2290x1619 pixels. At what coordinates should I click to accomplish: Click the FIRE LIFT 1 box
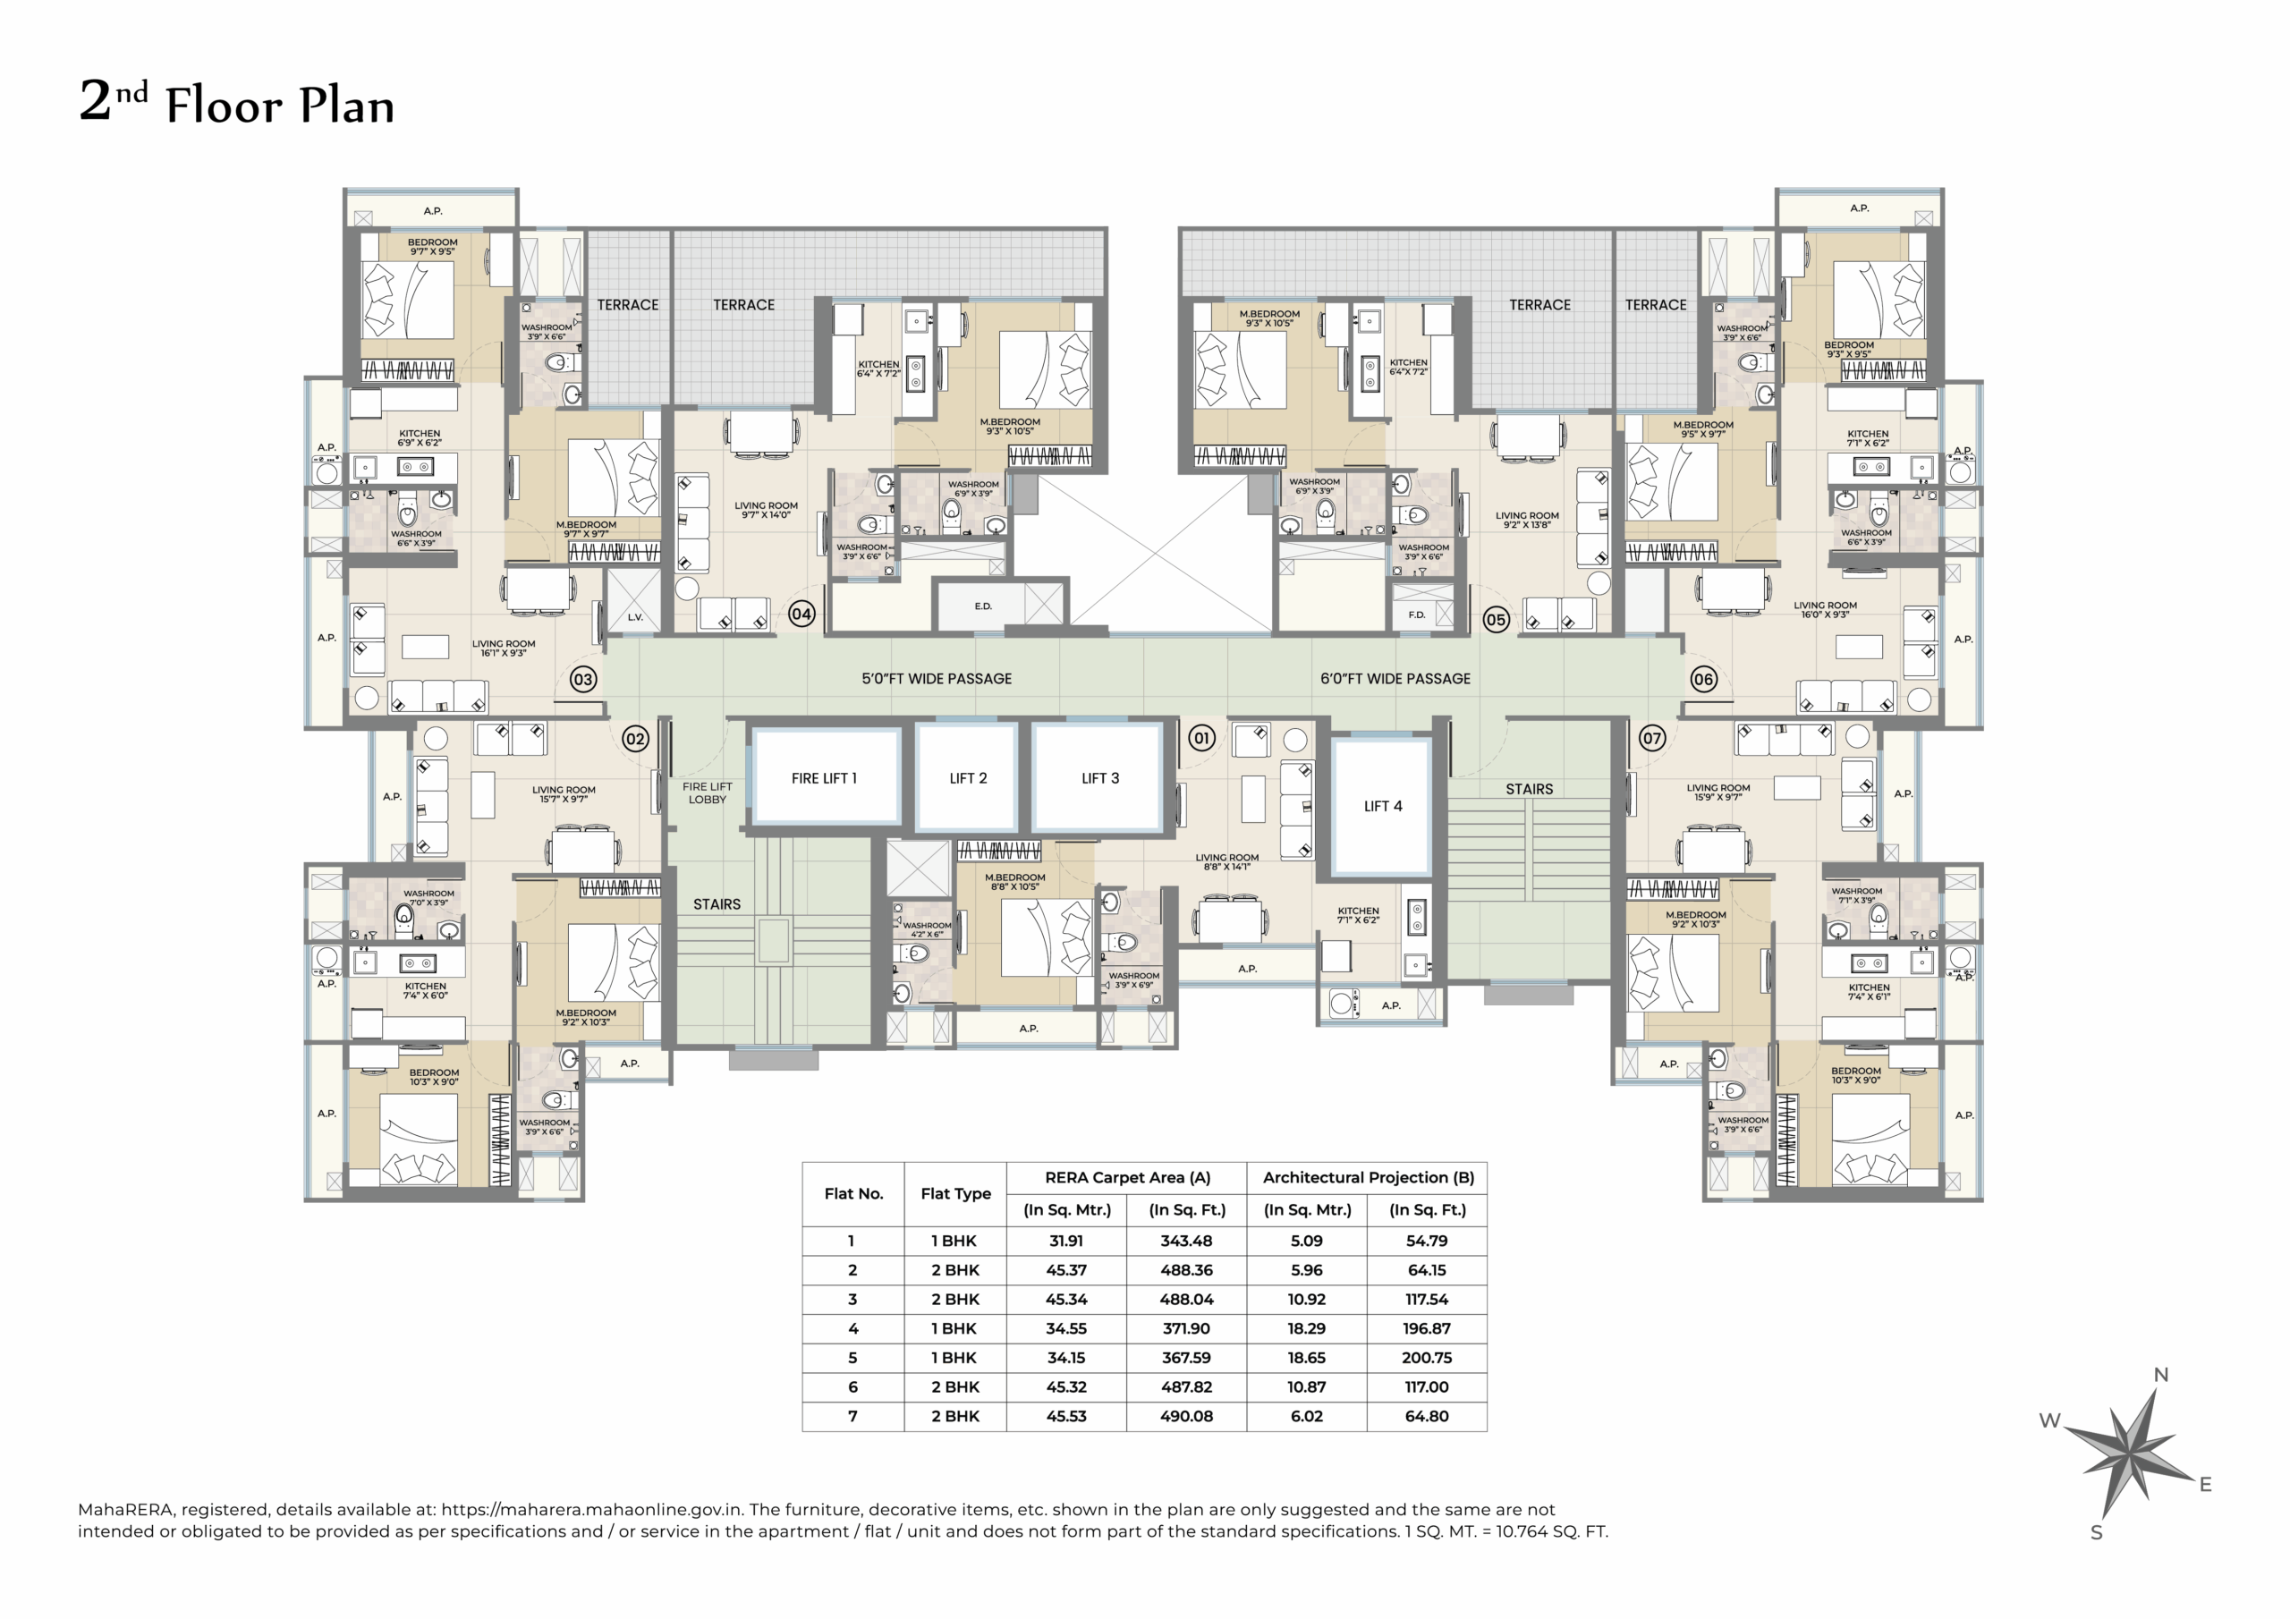(824, 778)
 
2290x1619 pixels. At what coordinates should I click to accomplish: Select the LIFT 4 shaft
(1382, 806)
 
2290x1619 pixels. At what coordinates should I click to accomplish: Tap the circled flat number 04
(801, 615)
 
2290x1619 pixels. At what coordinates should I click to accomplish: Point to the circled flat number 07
(1651, 738)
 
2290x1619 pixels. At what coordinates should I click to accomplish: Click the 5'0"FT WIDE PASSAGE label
(937, 678)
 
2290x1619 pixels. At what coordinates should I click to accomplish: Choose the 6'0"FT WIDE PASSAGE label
(1395, 678)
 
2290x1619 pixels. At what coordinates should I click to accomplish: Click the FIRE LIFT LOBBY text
(708, 793)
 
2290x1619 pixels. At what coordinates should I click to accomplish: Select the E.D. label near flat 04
(983, 606)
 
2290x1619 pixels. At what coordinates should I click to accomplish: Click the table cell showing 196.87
(1426, 1328)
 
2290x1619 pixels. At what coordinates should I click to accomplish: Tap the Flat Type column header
(955, 1193)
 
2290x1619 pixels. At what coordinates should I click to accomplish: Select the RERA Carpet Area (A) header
(1127, 1177)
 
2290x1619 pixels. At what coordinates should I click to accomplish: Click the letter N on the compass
(2160, 1375)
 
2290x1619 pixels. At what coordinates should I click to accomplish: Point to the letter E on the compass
(2205, 1484)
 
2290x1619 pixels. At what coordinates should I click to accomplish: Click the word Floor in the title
(224, 106)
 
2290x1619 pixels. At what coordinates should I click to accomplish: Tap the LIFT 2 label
(968, 778)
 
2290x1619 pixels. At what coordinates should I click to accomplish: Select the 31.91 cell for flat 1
(1065, 1241)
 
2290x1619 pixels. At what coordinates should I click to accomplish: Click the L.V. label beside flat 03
(635, 617)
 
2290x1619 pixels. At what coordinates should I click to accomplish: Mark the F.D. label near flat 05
(1416, 615)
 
